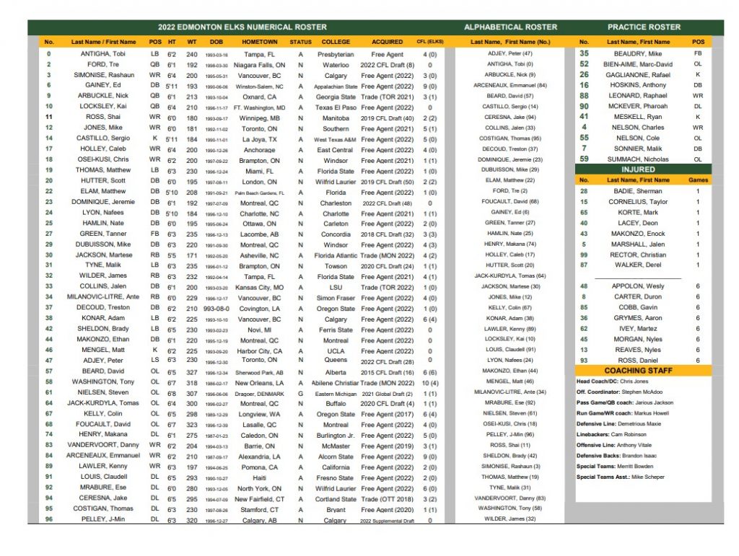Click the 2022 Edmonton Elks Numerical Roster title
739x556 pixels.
242,27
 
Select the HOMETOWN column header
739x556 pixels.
260,42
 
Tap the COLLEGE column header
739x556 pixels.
336,42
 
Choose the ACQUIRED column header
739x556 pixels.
388,42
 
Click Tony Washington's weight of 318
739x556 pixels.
192,382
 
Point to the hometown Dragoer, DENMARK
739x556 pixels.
260,393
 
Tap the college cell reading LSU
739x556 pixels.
336,287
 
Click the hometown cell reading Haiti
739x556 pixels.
260,477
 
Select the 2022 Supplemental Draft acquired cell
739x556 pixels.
388,520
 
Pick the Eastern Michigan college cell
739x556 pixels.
336,393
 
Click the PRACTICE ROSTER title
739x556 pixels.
644,27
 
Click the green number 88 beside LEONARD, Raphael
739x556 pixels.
584,96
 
